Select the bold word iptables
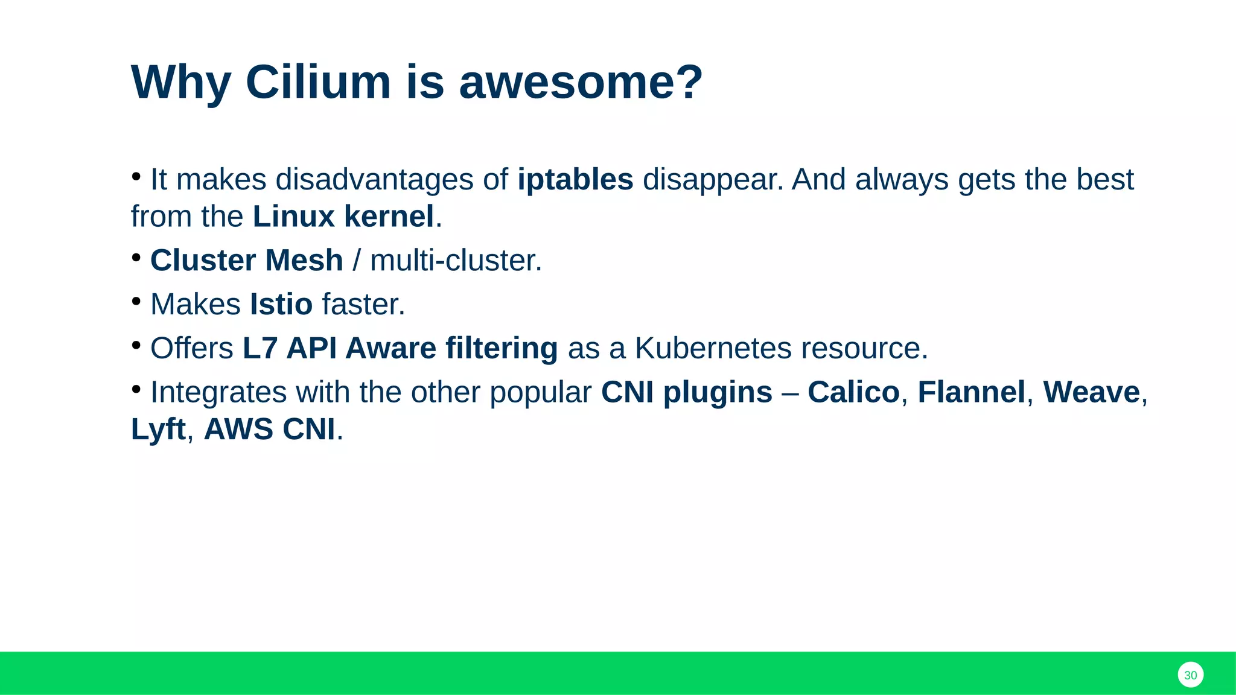coord(575,180)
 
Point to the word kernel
coord(389,217)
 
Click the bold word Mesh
coord(304,261)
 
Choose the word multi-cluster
coord(456,261)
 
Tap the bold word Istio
coord(281,304)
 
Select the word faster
coord(363,304)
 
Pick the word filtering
coord(502,348)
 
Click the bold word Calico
coord(853,392)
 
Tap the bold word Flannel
coord(971,392)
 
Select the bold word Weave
coord(1091,392)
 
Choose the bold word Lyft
coord(158,430)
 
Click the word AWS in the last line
coord(239,430)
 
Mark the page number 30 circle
coord(1190,675)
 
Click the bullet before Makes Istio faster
coord(136,300)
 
